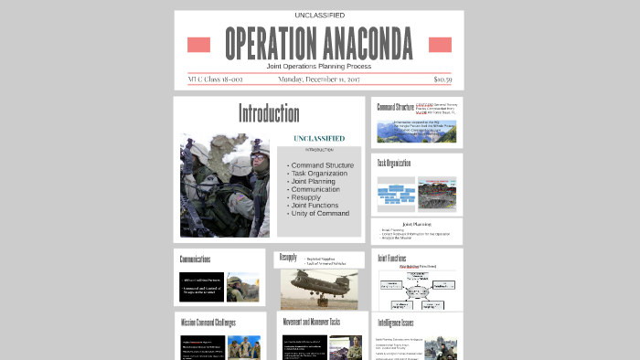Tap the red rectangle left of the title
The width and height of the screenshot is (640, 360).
pos(198,45)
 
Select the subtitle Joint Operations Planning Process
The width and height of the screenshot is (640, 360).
pos(319,67)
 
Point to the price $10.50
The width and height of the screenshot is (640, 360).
pos(443,79)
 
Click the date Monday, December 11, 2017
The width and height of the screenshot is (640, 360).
pos(319,79)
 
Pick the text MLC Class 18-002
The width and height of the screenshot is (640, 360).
pos(215,79)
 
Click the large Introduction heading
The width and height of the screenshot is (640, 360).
pos(269,114)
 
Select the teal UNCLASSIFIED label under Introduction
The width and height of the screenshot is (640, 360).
pos(319,138)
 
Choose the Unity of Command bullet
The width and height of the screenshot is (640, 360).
pos(320,214)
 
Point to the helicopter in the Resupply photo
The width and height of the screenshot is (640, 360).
pos(320,284)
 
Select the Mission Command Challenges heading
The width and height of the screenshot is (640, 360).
pos(208,323)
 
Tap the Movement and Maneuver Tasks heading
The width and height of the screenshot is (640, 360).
pos(312,323)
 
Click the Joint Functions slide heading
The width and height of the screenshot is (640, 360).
pos(393,259)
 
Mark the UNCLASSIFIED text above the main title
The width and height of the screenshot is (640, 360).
pos(319,16)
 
